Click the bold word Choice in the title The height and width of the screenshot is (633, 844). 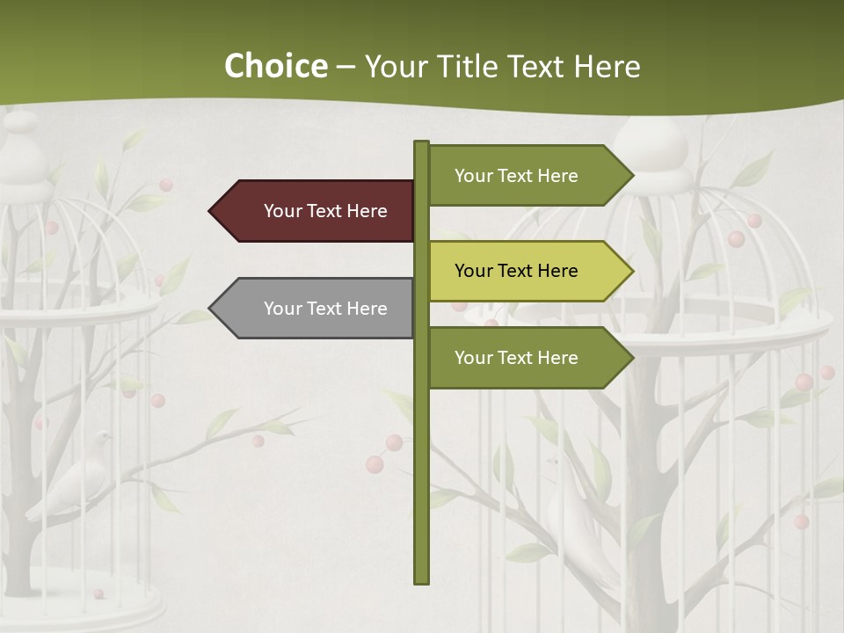tap(275, 67)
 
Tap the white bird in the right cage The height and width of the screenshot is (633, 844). tap(576, 510)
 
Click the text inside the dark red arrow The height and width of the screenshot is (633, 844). tap(325, 211)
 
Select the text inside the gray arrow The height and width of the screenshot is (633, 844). tap(325, 309)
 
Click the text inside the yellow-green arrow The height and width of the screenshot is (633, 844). tap(516, 271)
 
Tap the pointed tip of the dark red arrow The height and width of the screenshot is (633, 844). tap(212, 211)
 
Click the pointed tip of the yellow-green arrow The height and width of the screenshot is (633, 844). tap(630, 271)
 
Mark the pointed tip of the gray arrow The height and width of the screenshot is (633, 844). tap(212, 309)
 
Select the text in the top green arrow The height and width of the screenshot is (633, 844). tap(516, 176)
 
